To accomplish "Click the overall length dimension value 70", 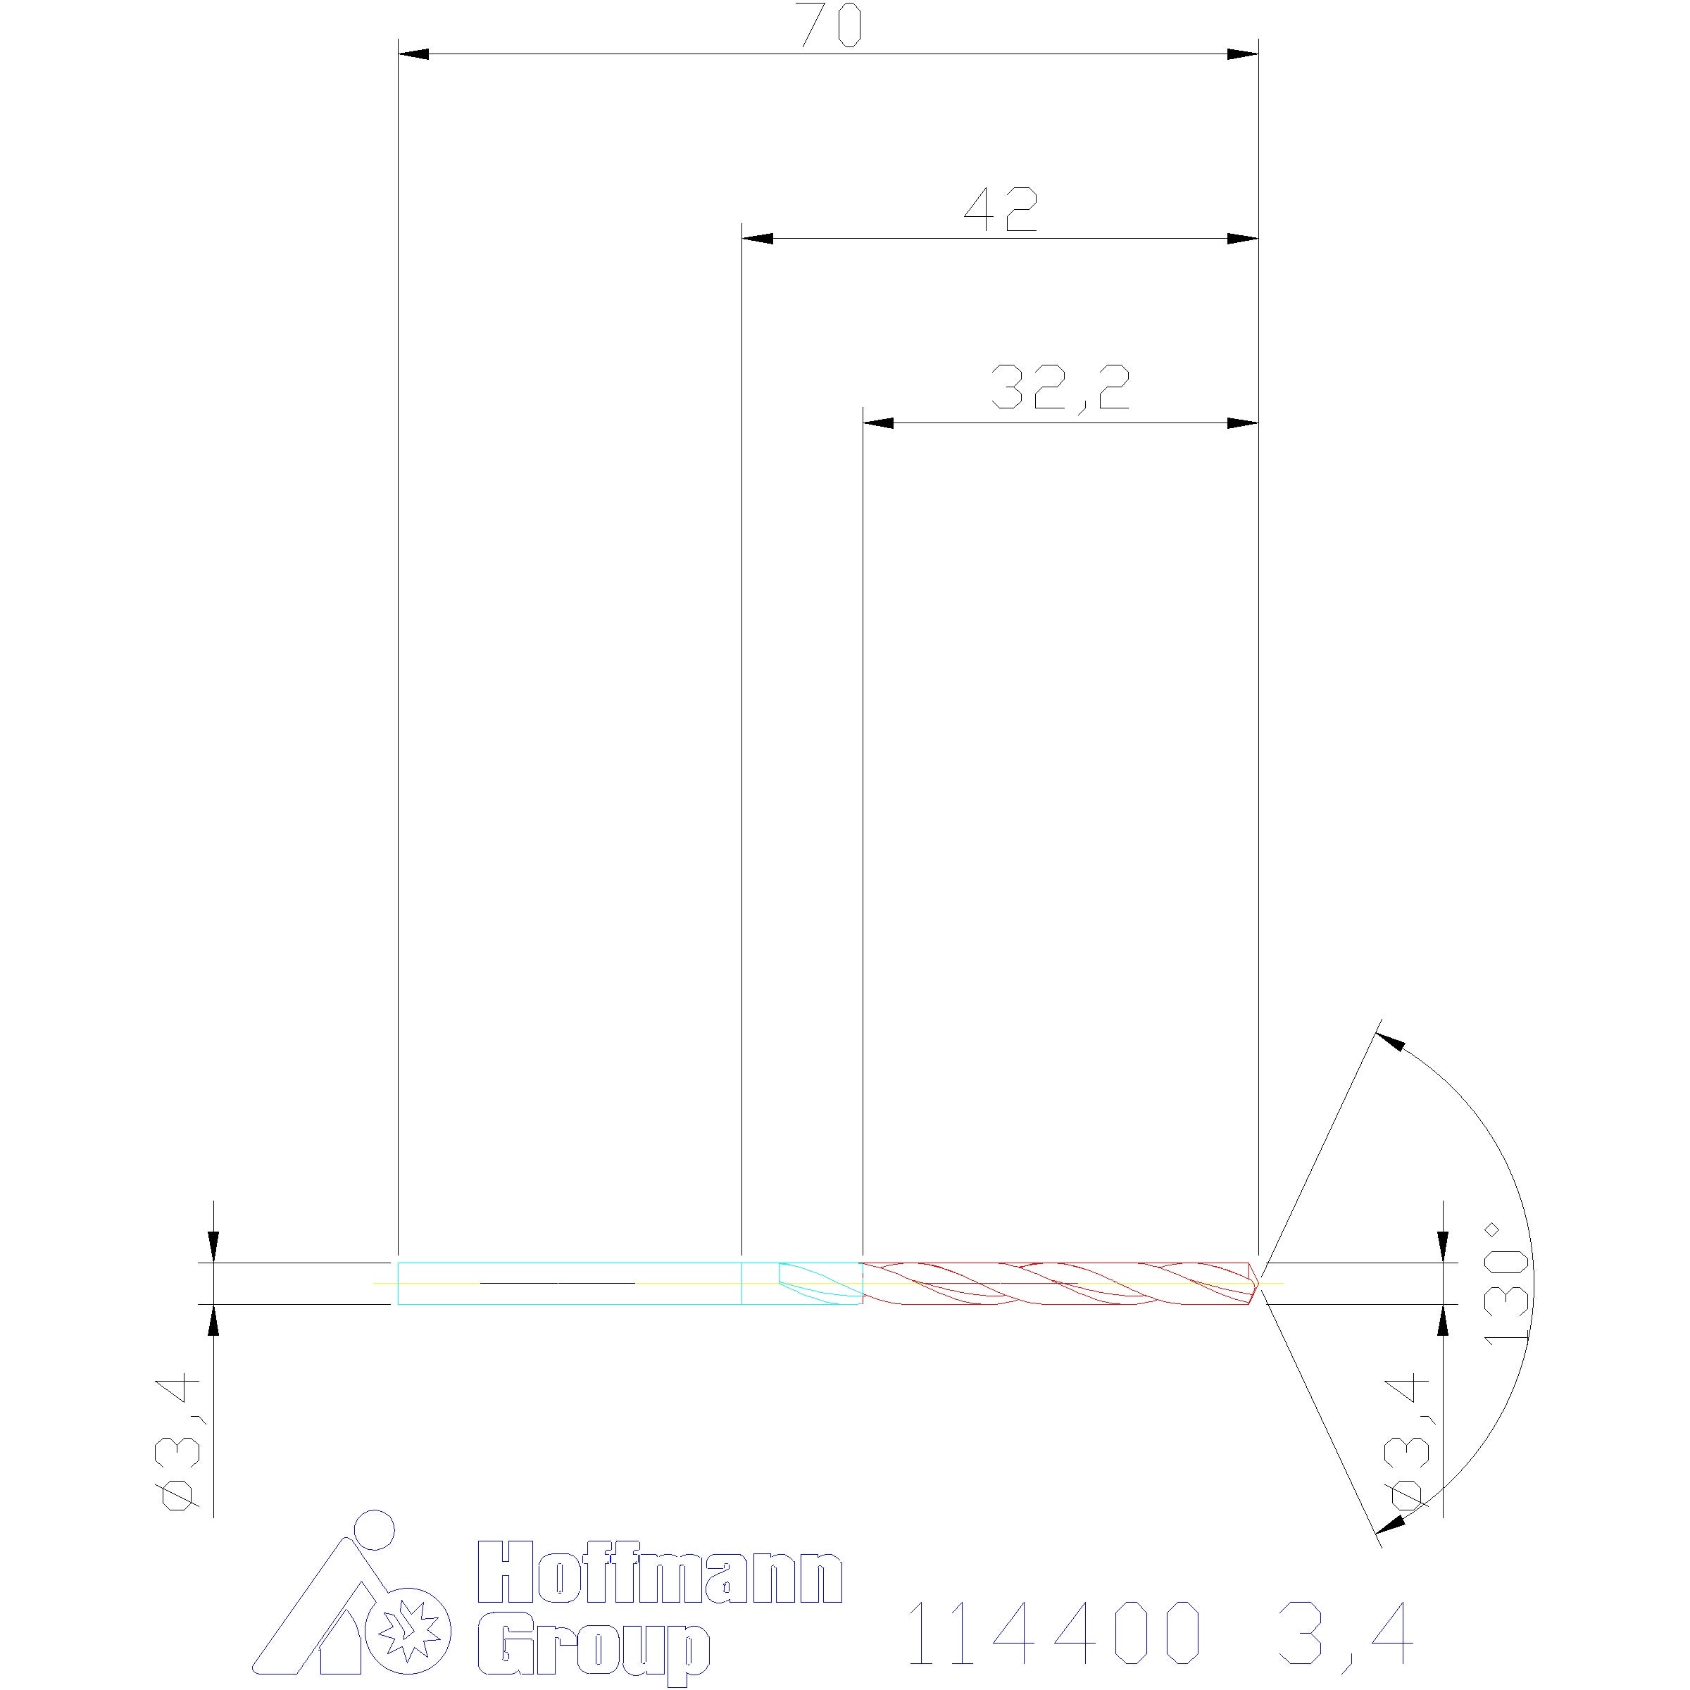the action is pos(831,25).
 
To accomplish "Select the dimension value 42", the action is pos(1001,210).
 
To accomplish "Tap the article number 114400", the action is pos(1053,1632).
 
